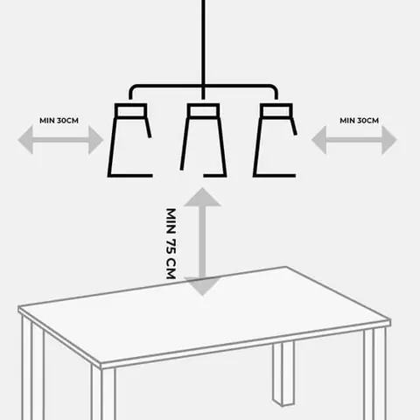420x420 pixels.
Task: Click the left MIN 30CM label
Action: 59,121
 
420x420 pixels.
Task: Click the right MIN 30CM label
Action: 360,121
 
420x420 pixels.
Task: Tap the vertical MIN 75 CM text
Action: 171,243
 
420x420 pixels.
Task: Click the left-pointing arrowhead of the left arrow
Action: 25,140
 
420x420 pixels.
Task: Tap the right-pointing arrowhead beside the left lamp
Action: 95,140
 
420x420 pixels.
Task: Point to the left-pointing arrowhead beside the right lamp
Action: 319,140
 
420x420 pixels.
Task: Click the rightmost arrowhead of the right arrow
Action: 389,140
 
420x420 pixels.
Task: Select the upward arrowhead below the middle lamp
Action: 202,198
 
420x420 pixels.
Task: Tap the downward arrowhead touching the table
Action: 202,286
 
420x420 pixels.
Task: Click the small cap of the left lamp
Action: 130,110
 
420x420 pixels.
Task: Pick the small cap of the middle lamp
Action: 203,110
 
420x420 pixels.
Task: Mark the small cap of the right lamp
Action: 276,110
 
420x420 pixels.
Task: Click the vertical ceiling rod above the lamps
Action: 203,50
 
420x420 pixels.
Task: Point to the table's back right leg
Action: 283,374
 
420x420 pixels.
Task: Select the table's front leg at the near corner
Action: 104,394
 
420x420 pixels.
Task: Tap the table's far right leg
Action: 375,374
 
